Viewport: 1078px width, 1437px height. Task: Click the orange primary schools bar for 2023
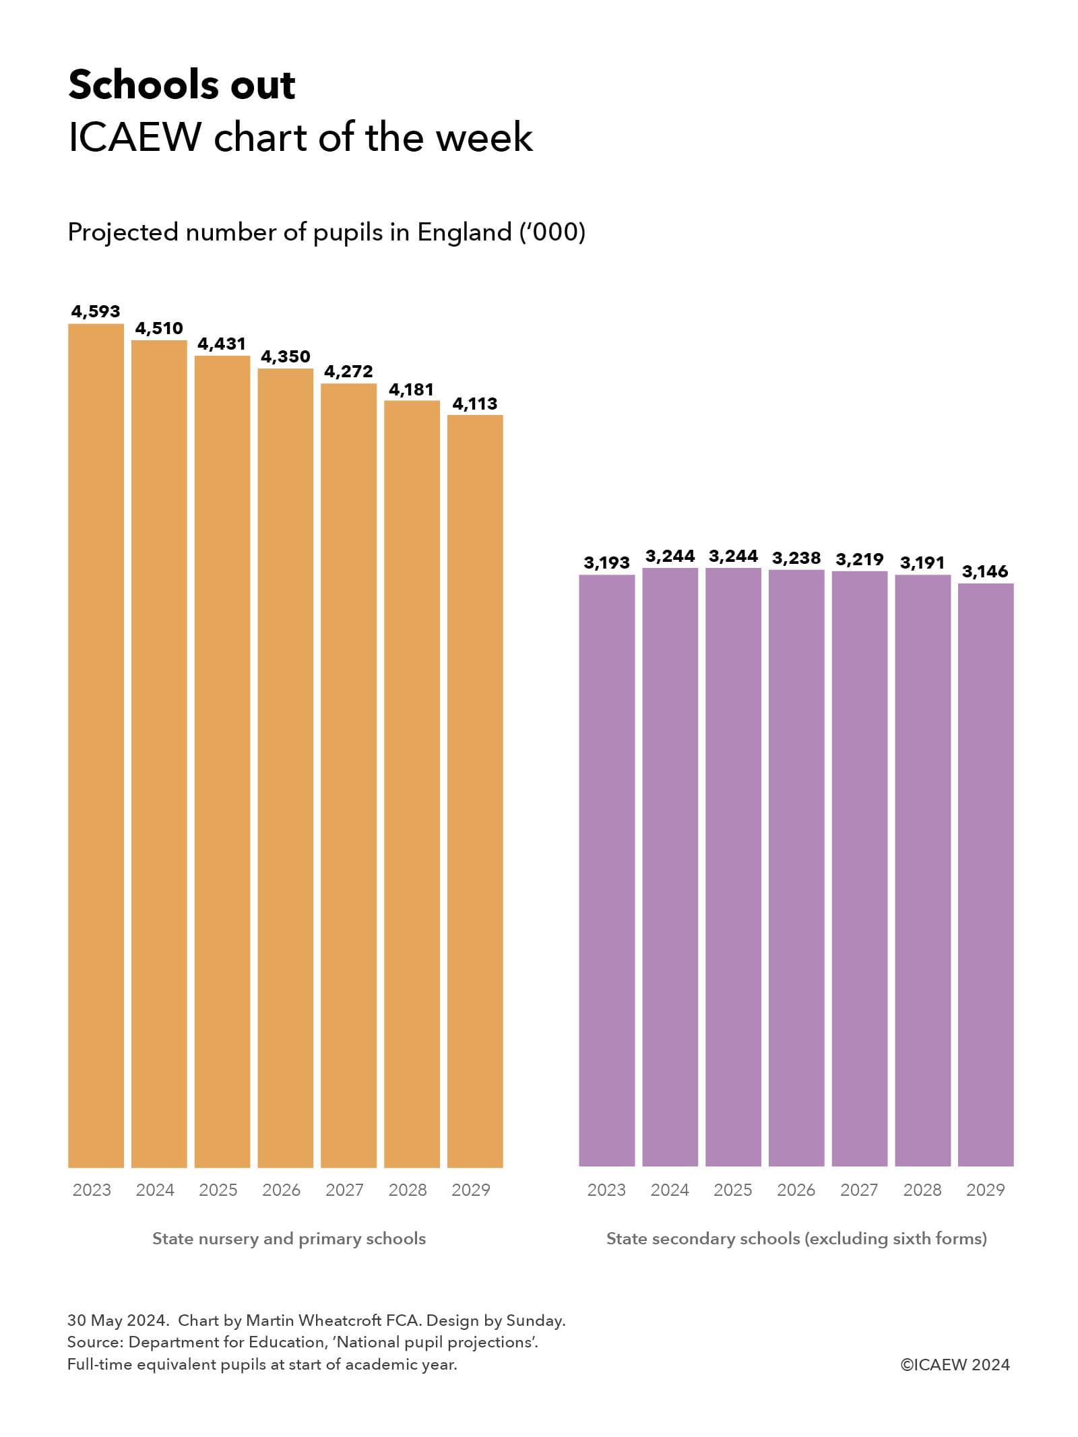(x=96, y=744)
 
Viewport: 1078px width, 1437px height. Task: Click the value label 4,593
(x=96, y=311)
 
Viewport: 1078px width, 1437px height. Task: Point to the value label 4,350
(x=286, y=356)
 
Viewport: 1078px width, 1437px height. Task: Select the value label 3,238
(x=796, y=558)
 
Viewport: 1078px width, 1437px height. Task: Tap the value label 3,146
(x=985, y=571)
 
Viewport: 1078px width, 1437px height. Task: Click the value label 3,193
(x=606, y=563)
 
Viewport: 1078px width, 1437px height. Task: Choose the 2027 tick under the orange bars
(x=344, y=1190)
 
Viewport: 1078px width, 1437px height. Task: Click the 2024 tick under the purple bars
(x=670, y=1190)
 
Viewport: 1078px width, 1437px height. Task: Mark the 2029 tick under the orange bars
(x=471, y=1190)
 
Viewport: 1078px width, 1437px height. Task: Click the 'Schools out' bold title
(x=182, y=85)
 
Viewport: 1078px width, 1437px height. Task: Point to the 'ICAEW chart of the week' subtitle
(x=300, y=137)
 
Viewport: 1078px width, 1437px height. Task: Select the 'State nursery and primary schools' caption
(x=289, y=1238)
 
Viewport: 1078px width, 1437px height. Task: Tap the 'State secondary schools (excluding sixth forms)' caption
(x=796, y=1238)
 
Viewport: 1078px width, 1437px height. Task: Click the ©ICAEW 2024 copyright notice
(x=955, y=1364)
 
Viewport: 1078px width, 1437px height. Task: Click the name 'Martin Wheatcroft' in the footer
(x=314, y=1320)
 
